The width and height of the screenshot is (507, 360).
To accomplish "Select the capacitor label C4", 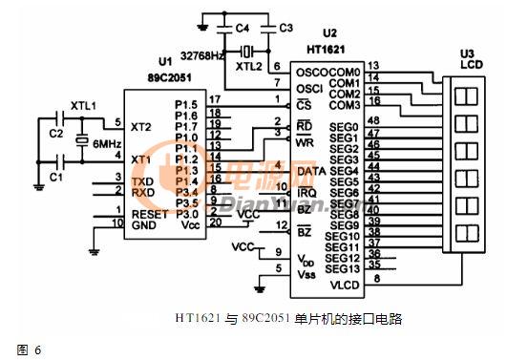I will click(x=243, y=28).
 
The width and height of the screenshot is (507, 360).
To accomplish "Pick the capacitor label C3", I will click(x=286, y=28).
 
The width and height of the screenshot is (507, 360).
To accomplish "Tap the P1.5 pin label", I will click(x=187, y=103).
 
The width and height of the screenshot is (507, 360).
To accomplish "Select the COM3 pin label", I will click(x=344, y=104).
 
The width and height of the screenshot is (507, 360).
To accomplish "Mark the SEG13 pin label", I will click(x=342, y=270).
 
